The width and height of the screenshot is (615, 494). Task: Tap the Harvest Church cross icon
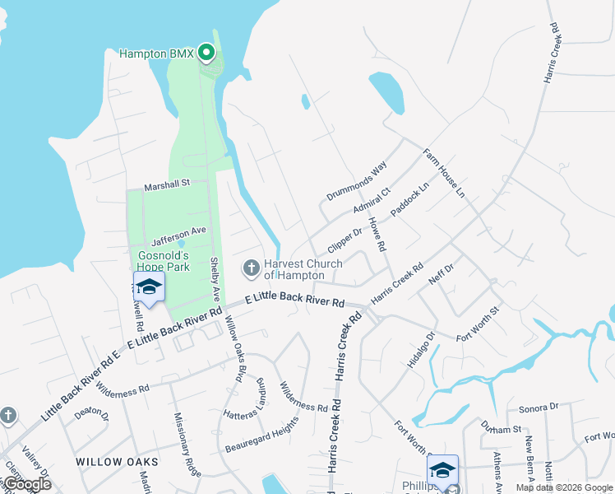pos(251,268)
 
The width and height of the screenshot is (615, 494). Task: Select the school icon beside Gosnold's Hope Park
pos(149,287)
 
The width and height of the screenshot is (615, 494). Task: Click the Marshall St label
pos(167,184)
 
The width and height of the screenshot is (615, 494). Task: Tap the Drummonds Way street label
pos(356,181)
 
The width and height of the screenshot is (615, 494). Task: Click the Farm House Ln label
pos(444,173)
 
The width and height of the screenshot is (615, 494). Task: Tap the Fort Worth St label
pos(478,319)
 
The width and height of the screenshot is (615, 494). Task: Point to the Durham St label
pos(502,428)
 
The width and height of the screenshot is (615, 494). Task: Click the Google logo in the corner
pos(26,485)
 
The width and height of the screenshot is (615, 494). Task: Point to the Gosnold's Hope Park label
pos(164,261)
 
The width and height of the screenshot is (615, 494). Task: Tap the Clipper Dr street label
pos(344,240)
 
